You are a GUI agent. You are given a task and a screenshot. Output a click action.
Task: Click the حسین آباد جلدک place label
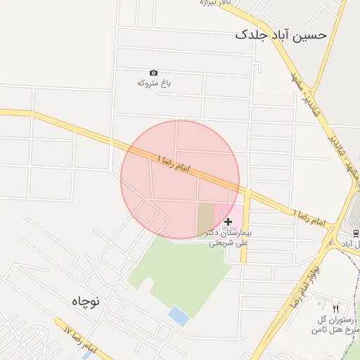point(282,34)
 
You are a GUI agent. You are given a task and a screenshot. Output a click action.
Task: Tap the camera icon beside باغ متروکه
point(154,72)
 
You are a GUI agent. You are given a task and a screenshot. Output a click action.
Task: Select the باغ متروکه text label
point(154,83)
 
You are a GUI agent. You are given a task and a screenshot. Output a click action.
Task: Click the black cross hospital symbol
point(227,221)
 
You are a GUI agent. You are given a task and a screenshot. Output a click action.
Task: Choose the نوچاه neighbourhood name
point(86,300)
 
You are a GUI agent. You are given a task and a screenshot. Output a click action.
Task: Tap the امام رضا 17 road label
point(79,338)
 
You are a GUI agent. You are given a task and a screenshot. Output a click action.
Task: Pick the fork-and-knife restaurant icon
point(335,309)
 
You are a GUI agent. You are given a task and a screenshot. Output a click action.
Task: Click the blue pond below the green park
point(179,316)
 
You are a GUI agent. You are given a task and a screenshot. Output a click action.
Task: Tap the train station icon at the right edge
point(356,233)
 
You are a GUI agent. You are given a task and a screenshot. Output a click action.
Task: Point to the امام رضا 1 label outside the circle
point(309,217)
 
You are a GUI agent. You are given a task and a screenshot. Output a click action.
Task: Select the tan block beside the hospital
point(205,219)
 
